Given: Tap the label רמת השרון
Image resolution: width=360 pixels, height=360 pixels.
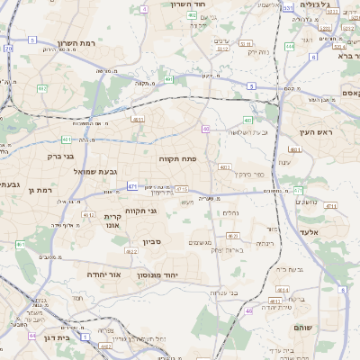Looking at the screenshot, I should click(x=76, y=43).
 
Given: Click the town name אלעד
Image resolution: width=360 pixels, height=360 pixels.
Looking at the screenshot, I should click(x=334, y=231).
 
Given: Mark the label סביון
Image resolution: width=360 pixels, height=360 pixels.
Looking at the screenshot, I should click(x=149, y=241).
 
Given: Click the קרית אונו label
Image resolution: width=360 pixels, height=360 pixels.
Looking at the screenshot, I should click(x=112, y=221).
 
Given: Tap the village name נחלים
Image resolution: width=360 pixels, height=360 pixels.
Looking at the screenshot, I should click(x=229, y=213).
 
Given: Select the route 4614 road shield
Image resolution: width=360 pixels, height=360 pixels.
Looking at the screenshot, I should click(x=283, y=290).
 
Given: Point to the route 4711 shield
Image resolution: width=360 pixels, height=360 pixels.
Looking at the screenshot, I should click(x=330, y=206).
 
